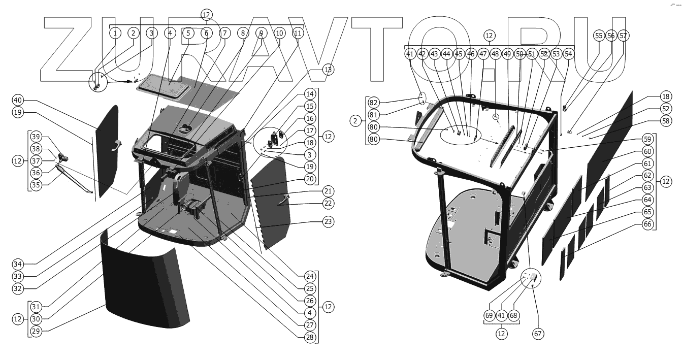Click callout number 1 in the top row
(115, 33)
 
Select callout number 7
(224, 33)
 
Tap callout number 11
(298, 33)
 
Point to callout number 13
(328, 70)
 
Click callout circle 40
(18, 100)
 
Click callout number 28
(310, 337)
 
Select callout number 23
(328, 221)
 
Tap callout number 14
(310, 94)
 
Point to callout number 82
(374, 102)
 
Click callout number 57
(623, 36)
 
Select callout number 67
(537, 334)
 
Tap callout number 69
(489, 315)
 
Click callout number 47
(483, 53)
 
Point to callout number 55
(599, 36)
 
